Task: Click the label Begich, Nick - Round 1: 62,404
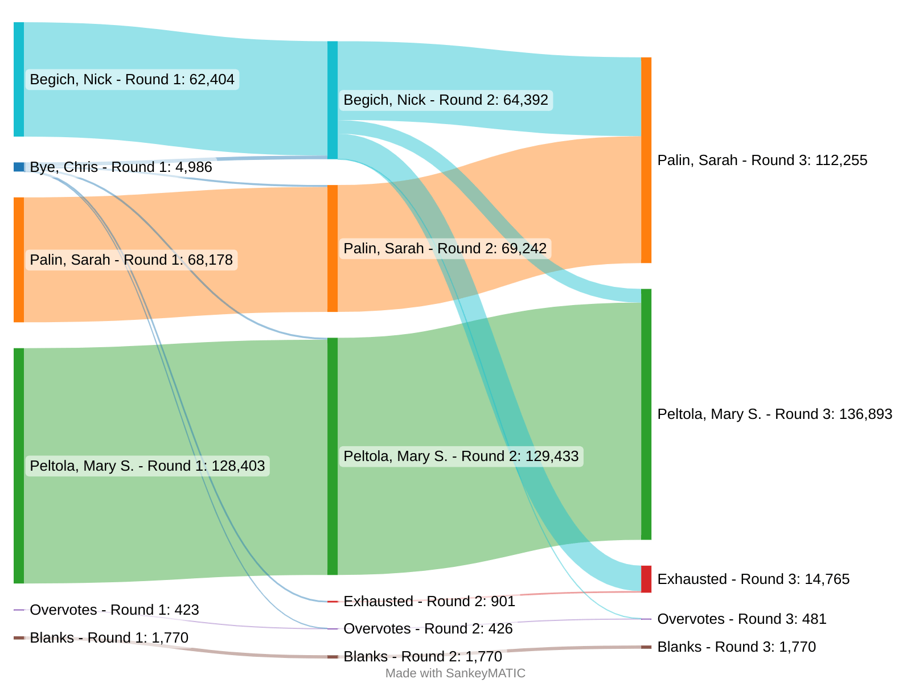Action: coord(132,80)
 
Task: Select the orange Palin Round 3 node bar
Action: coord(646,160)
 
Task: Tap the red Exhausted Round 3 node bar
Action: coord(646,579)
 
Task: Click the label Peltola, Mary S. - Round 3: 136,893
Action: coord(774,414)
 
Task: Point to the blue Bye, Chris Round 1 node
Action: coord(19,167)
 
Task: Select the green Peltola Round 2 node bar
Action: coord(333,456)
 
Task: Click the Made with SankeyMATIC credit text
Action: coord(455,673)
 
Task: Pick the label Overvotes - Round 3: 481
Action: coord(741,619)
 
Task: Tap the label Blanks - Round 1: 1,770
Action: coord(109,638)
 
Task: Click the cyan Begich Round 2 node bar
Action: coord(333,100)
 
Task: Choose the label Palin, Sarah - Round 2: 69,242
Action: coord(445,249)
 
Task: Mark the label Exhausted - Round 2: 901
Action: coord(429,602)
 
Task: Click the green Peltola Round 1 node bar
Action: coord(19,466)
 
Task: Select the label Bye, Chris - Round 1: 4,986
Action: coord(121,167)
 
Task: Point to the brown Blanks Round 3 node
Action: coord(646,647)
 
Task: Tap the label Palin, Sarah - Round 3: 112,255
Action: coord(762,161)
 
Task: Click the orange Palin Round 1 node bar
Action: coord(19,260)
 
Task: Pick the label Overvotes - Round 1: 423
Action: coord(114,610)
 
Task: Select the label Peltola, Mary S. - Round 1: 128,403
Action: coord(147,466)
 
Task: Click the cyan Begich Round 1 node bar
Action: coord(19,80)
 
